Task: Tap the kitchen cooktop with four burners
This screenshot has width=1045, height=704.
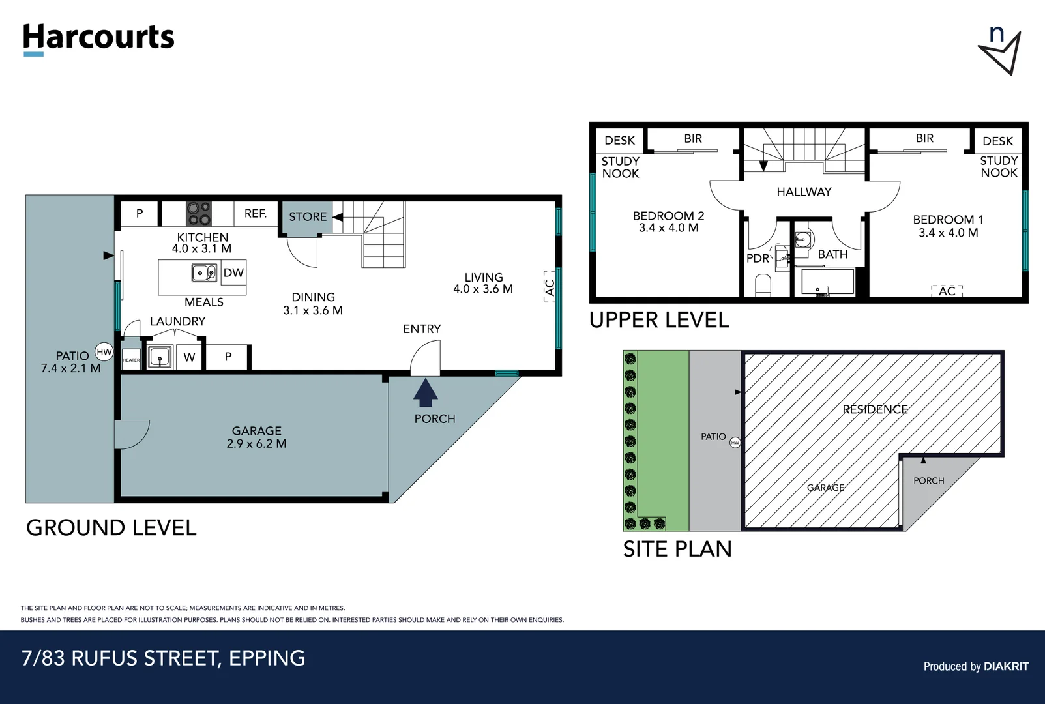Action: (199, 213)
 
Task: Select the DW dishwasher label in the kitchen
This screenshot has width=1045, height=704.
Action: (233, 272)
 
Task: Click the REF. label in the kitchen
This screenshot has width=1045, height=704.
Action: (256, 213)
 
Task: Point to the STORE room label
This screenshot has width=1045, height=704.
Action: (308, 216)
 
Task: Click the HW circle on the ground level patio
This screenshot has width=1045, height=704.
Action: (104, 352)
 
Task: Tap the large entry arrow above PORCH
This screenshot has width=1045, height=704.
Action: (425, 392)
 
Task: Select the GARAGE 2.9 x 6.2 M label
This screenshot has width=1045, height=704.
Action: (256, 437)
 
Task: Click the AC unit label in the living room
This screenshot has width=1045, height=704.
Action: (550, 287)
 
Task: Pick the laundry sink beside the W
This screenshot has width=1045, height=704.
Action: (160, 357)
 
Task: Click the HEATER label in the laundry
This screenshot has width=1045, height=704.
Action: (131, 360)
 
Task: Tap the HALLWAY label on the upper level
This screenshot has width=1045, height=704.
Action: (804, 192)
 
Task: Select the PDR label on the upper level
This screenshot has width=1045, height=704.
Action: (758, 258)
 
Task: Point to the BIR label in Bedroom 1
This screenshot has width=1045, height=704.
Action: (924, 138)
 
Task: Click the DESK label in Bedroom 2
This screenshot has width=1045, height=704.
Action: (619, 140)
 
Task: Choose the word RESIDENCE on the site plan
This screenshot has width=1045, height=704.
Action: (875, 409)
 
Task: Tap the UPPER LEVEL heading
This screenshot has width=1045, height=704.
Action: (659, 320)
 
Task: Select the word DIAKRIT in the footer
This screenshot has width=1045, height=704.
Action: (1006, 666)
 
